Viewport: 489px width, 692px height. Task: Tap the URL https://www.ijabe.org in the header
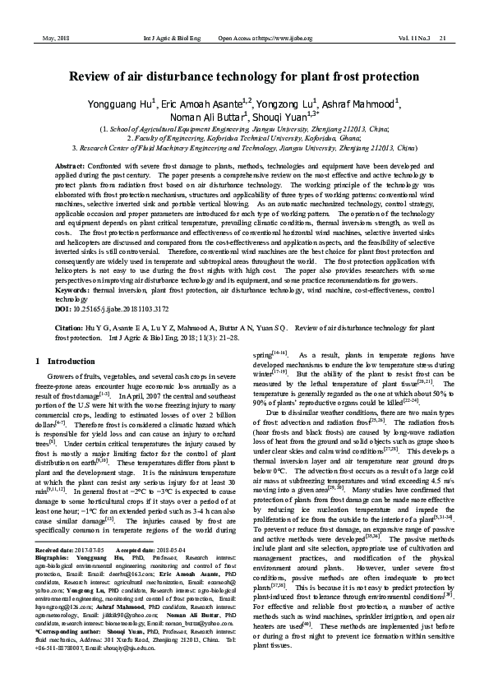[x=284, y=39]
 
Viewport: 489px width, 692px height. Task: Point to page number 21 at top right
[x=442, y=39]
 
